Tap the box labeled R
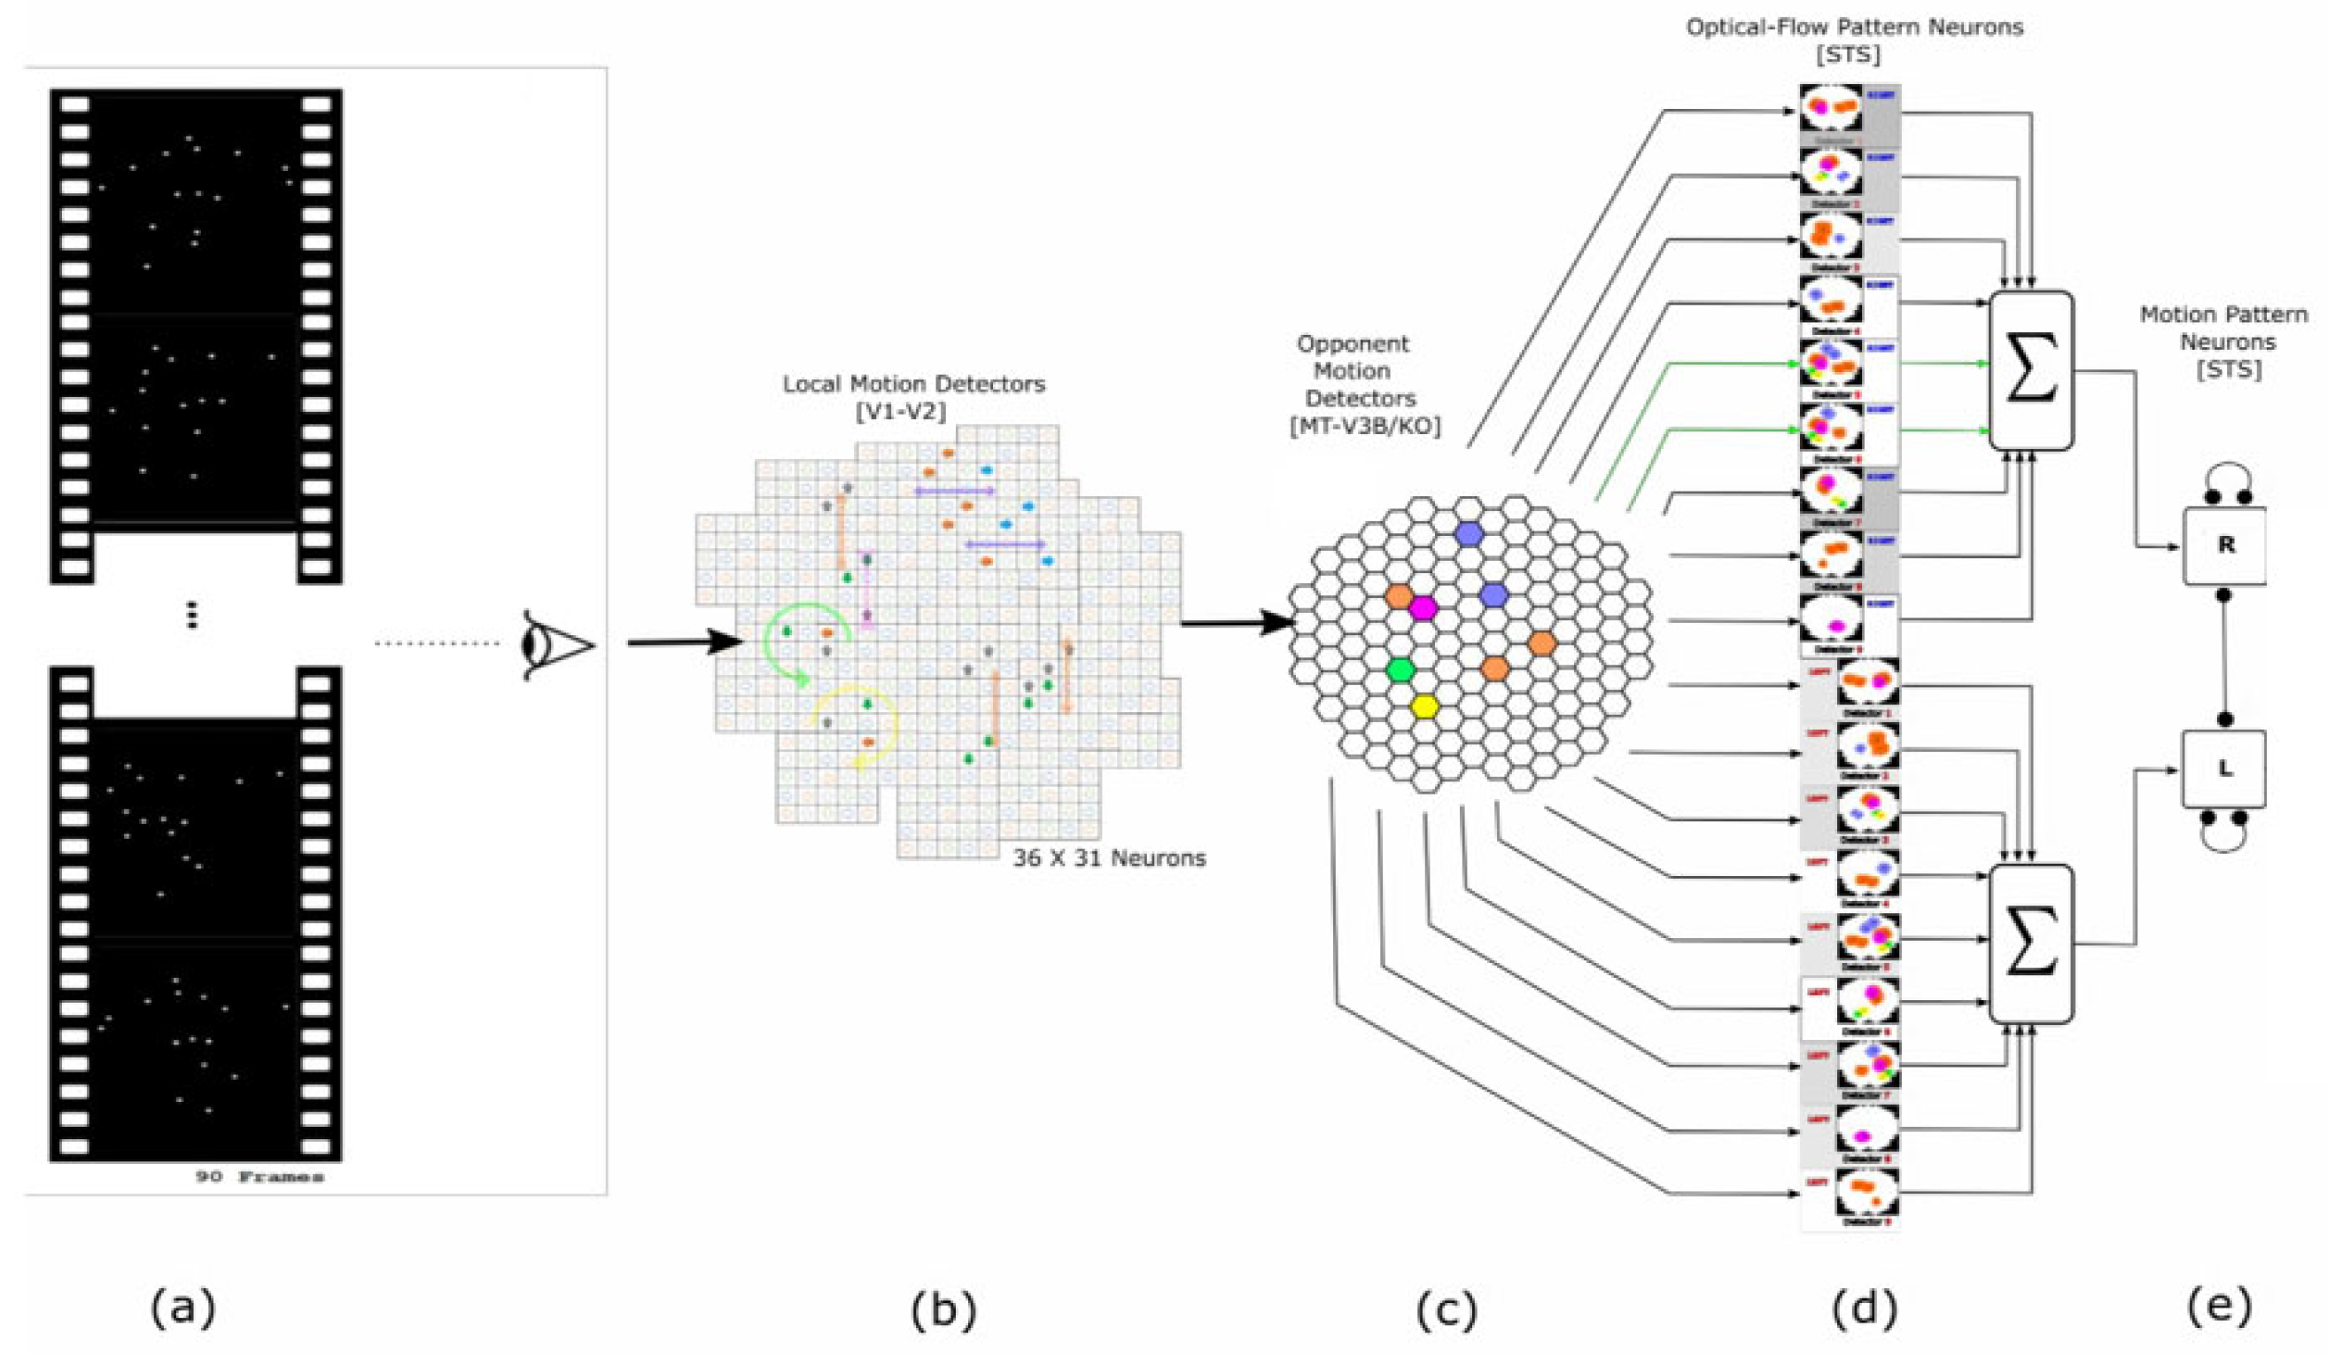[x=2224, y=545]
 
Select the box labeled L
[x=2223, y=768]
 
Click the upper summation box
[x=2030, y=371]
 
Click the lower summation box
[x=2030, y=943]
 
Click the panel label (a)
[x=182, y=1308]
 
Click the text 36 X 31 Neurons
[x=1109, y=858]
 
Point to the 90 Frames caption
[x=260, y=1177]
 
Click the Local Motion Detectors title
[x=913, y=384]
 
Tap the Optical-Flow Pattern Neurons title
[x=1854, y=27]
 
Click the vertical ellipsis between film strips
[x=192, y=615]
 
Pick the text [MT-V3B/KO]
[x=1365, y=426]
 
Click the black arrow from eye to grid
[x=684, y=641]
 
